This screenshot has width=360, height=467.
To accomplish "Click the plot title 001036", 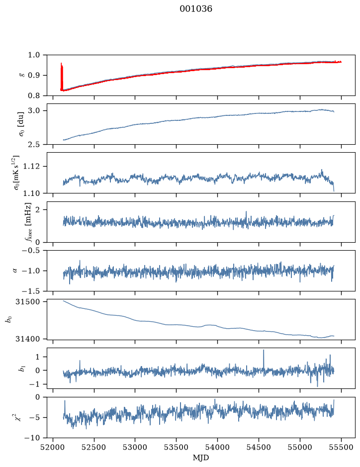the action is [x=195, y=9].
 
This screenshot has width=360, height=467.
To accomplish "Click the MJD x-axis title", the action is [x=201, y=458].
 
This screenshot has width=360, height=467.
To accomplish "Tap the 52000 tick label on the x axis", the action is [x=53, y=447].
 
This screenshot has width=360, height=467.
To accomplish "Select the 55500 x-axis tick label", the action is [x=341, y=447].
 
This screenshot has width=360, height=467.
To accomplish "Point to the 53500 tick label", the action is [x=177, y=447].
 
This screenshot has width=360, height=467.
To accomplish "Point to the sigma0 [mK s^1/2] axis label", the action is [x=17, y=173].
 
